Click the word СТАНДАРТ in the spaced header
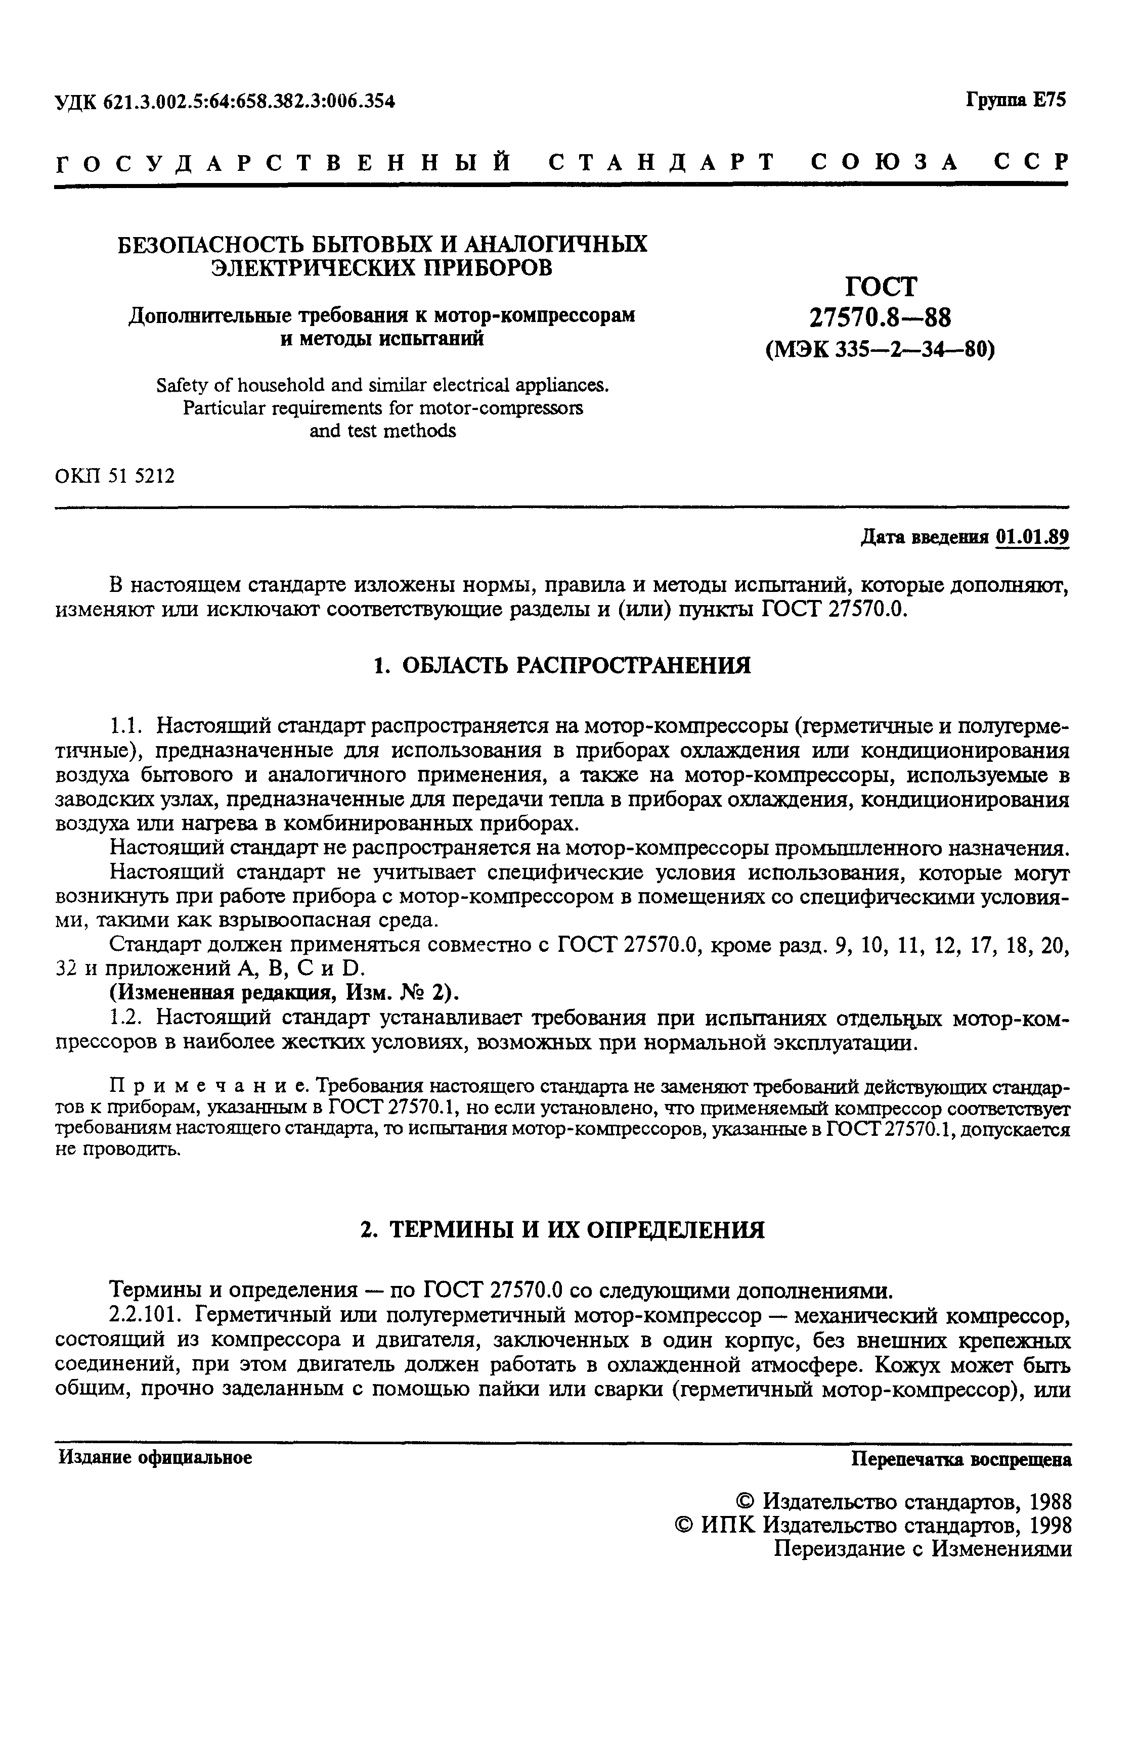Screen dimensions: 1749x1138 point(662,161)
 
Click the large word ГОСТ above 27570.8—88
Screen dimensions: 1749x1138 point(881,286)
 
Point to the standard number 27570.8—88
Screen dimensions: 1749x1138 point(880,317)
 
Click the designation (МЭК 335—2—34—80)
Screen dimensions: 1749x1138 point(880,349)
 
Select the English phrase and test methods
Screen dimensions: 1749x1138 point(382,431)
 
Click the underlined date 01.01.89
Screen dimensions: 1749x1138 point(1031,537)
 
